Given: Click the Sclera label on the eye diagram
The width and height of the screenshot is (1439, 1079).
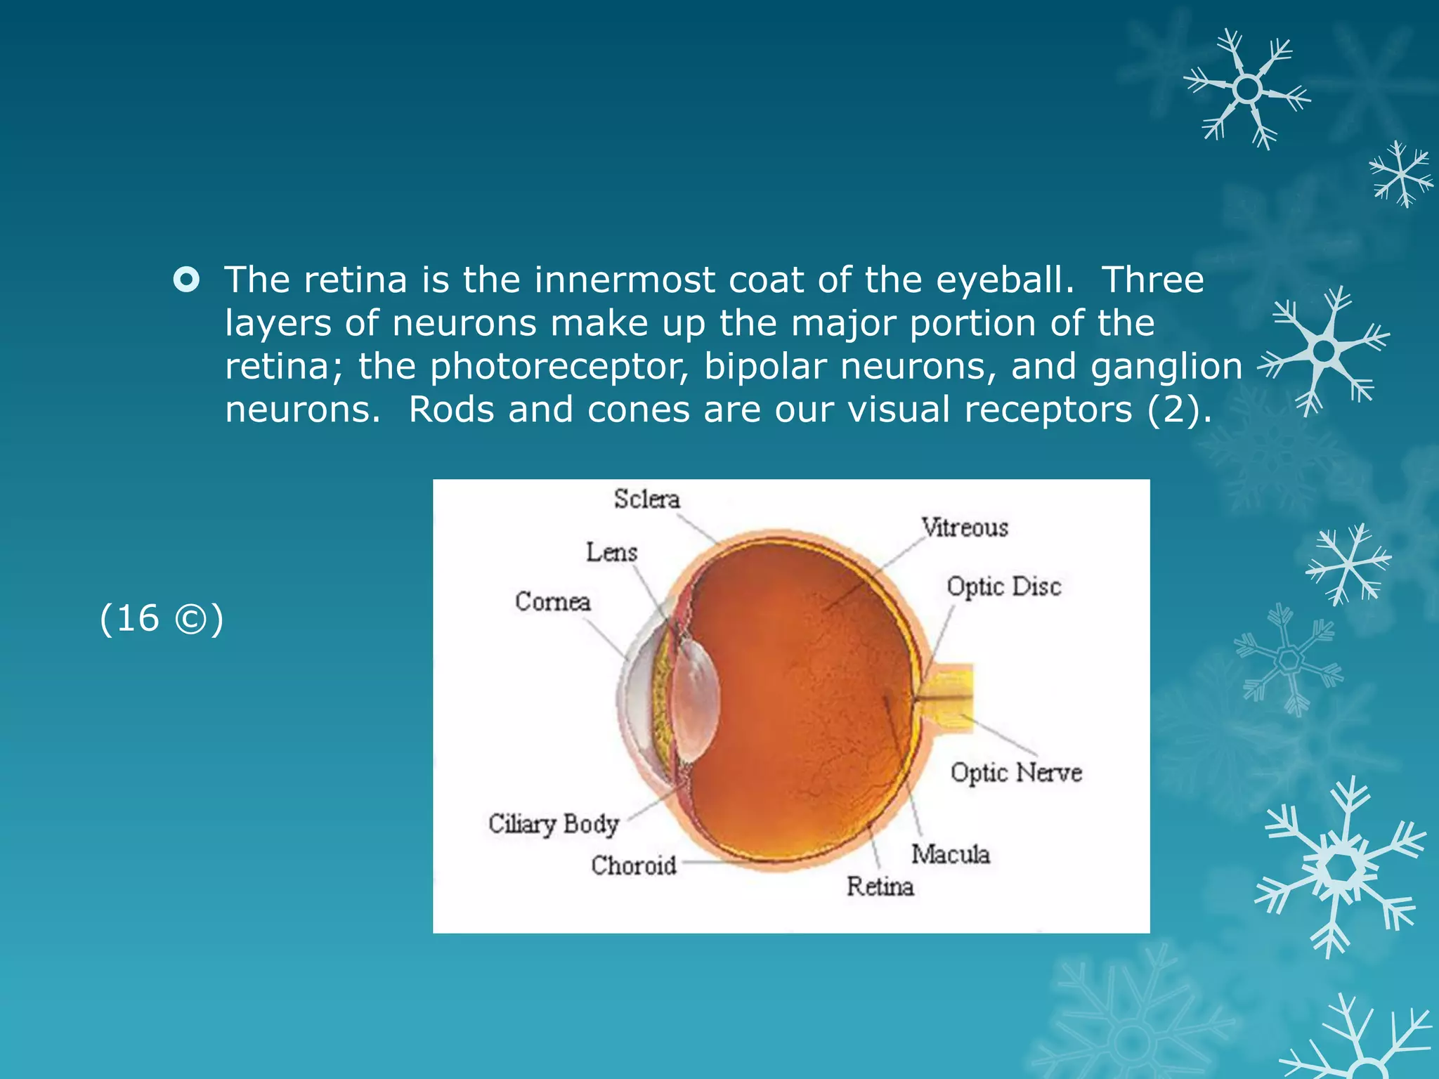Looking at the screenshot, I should tap(646, 499).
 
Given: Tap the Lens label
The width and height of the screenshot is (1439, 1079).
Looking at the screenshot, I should tap(611, 553).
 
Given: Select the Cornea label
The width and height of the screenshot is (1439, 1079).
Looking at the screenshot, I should tap(552, 602).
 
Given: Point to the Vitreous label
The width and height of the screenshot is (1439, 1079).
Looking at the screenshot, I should tap(965, 528).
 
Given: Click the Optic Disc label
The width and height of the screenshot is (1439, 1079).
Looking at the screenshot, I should tap(1003, 587).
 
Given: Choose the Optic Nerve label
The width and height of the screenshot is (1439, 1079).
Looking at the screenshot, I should tap(1016, 773).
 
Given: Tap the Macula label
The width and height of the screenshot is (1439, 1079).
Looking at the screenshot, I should tap(950, 854).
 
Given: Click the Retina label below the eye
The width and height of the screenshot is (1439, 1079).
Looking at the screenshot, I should tap(880, 887).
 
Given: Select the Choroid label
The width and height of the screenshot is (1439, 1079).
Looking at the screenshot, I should tap(633, 865).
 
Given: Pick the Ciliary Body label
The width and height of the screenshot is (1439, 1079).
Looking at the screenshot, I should tap(554, 824).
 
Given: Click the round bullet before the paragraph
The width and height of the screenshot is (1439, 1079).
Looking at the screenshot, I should tap(186, 280).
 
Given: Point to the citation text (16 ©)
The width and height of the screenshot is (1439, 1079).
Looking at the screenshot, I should tap(162, 618).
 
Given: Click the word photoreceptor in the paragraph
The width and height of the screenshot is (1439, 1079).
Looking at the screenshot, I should tap(559, 367).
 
